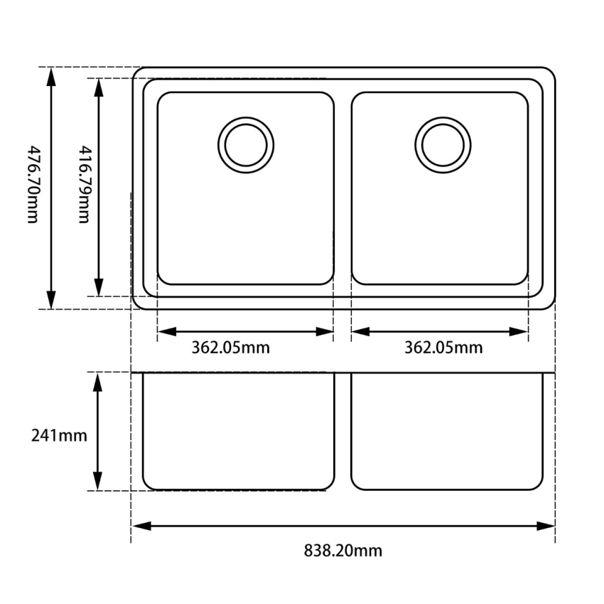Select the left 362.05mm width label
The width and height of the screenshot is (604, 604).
coord(230,348)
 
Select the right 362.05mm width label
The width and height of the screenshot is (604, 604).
coord(443,348)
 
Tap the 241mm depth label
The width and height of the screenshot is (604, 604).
coord(59,435)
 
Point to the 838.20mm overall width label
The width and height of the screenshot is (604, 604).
coord(343,551)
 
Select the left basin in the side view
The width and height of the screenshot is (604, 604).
coord(239,431)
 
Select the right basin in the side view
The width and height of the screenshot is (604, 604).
coord(446,431)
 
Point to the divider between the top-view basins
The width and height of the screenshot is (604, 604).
coord(343,188)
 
